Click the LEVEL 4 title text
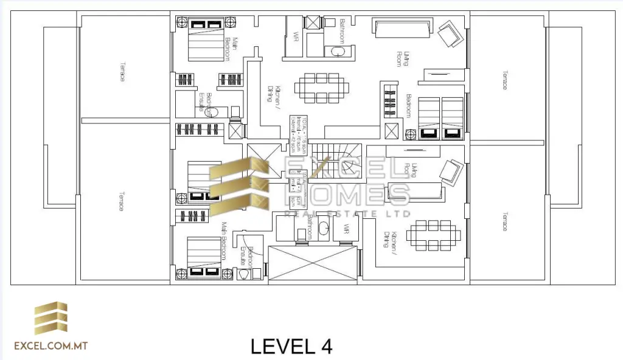click(x=291, y=347)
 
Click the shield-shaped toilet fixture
click(x=245, y=274)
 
